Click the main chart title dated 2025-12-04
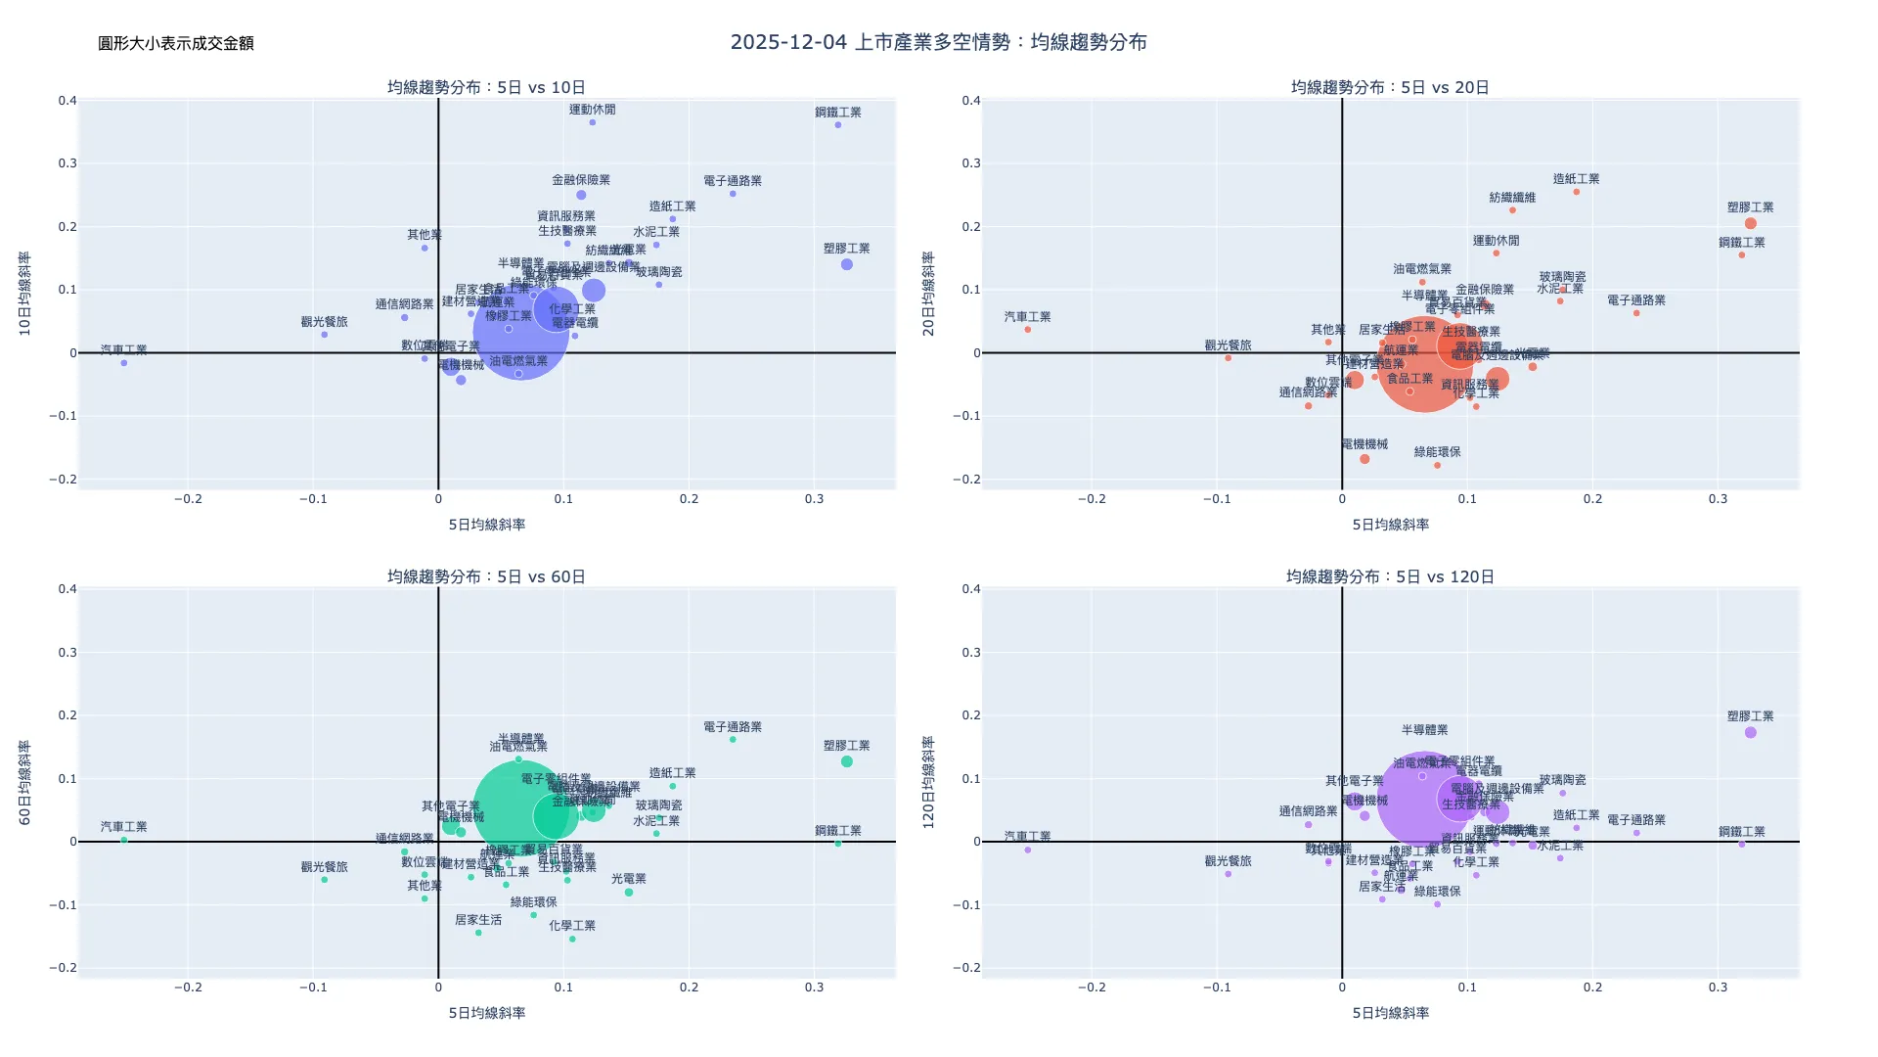tap(938, 42)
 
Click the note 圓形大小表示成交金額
tap(176, 43)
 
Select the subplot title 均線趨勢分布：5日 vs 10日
tap(486, 87)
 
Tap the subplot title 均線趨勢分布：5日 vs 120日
tap(1390, 576)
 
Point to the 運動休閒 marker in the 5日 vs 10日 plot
tap(593, 122)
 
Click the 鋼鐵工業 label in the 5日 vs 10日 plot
tap(838, 113)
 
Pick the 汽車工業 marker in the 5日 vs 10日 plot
tap(124, 363)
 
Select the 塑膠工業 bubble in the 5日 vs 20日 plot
tap(1751, 223)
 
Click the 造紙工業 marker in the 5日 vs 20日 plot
tap(1577, 192)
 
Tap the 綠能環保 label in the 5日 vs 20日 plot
tap(1438, 452)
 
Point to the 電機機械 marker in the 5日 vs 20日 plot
tap(1364, 459)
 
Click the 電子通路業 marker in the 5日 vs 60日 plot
tap(733, 740)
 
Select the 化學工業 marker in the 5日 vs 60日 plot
tap(572, 939)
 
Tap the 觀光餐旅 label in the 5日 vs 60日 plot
tap(324, 867)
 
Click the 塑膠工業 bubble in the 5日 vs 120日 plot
tap(1751, 732)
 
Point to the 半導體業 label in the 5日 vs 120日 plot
tap(1424, 730)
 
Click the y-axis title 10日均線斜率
tap(25, 294)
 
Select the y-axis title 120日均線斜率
tap(929, 783)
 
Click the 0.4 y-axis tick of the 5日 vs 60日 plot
tap(67, 589)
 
